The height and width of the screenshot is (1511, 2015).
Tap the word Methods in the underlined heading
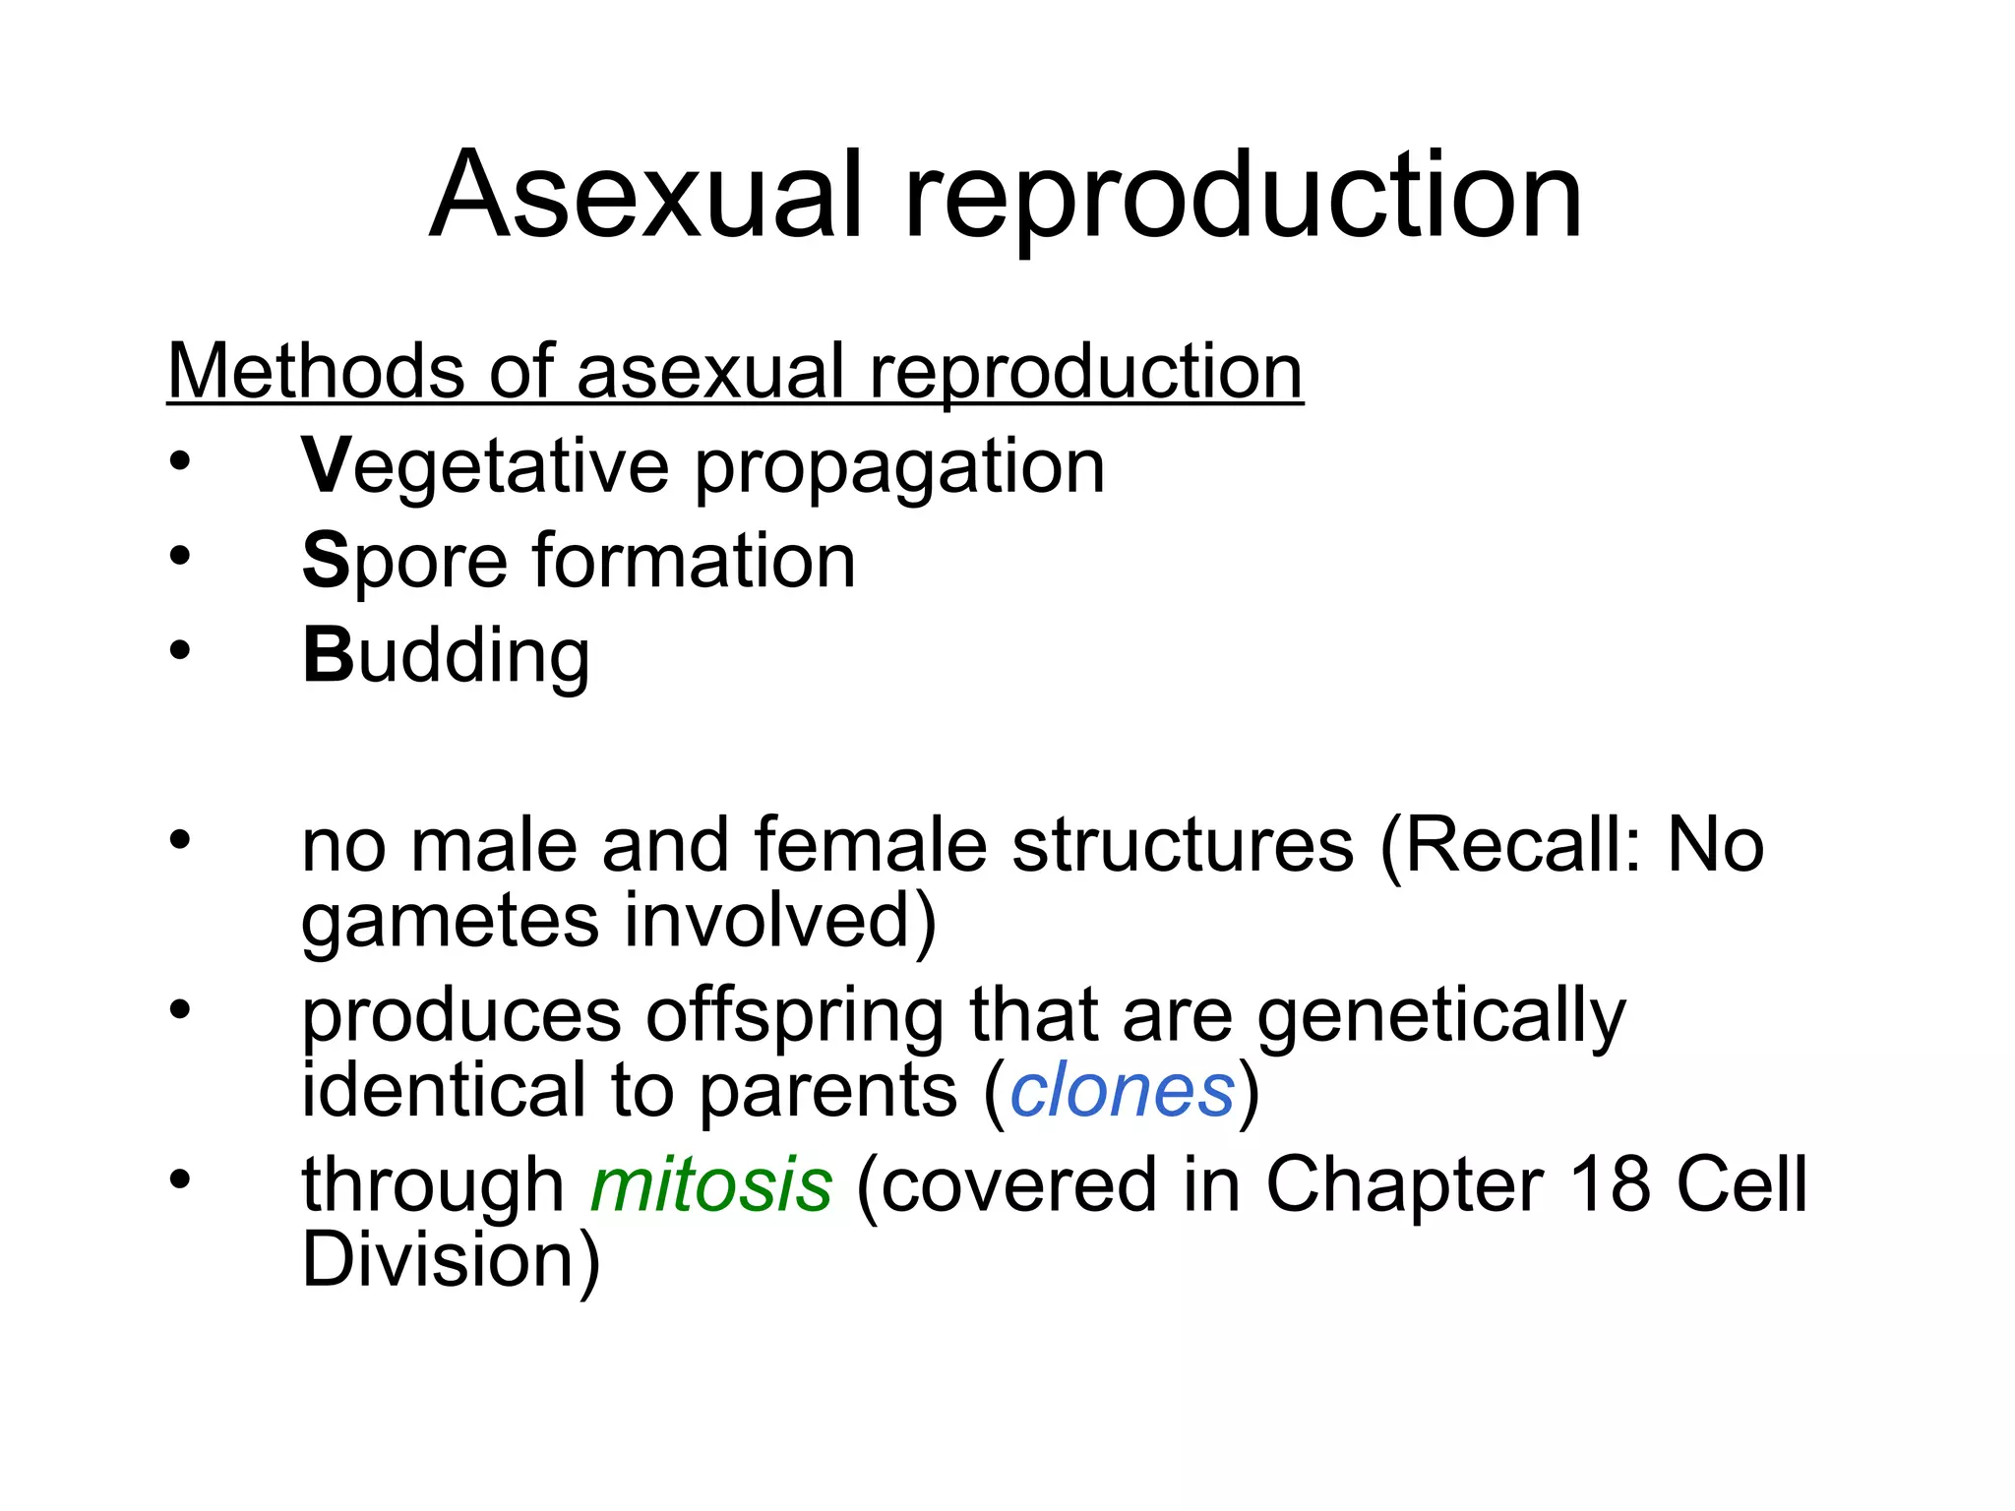314,372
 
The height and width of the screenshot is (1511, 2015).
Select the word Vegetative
485,466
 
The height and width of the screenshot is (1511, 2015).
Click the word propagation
899,468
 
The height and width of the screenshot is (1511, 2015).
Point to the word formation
694,561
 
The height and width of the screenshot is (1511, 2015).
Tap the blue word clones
1122,1090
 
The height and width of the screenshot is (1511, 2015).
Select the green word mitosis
711,1184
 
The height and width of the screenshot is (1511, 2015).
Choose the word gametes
450,922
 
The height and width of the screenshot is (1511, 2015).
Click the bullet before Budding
179,650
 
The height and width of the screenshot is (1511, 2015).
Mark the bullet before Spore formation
179,557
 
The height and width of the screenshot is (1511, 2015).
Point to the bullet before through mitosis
179,1179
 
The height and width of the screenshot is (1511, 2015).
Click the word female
871,845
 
